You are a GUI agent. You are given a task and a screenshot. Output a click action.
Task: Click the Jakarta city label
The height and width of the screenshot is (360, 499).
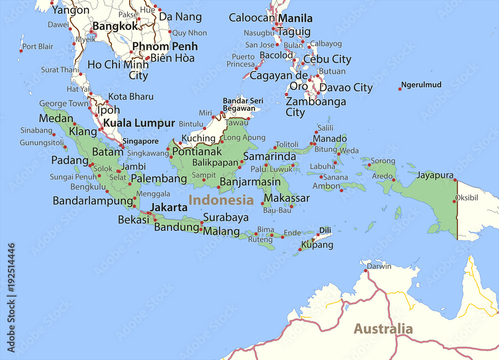169,207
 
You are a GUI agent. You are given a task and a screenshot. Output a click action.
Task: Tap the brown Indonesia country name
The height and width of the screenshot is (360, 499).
221,200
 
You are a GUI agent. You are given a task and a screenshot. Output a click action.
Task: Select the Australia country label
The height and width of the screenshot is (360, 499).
383,329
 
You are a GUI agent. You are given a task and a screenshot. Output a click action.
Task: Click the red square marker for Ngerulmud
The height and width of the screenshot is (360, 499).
400,89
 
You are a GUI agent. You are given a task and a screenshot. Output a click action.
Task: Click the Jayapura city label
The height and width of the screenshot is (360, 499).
435,176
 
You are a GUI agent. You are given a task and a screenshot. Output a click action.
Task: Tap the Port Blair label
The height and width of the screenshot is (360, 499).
38,46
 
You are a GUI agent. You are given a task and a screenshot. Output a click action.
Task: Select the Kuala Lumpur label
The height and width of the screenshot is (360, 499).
139,123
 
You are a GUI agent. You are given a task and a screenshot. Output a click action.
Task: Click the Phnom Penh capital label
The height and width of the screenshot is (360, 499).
165,46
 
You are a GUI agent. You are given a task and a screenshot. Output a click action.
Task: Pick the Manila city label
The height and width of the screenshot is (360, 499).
295,19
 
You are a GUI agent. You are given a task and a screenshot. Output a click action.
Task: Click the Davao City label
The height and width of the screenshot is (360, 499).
346,88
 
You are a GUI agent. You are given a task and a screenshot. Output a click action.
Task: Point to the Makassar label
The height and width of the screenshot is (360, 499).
287,198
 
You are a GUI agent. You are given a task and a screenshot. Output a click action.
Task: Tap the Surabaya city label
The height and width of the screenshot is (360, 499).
226,217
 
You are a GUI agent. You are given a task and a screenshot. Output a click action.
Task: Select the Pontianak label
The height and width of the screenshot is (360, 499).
197,151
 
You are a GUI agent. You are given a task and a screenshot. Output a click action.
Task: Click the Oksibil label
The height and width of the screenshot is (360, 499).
467,197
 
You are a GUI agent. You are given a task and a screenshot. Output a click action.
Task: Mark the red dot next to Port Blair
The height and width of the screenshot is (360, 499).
21,50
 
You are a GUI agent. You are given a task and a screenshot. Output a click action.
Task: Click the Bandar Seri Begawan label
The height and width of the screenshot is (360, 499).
243,104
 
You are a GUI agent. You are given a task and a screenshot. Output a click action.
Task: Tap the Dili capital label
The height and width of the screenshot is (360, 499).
325,230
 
